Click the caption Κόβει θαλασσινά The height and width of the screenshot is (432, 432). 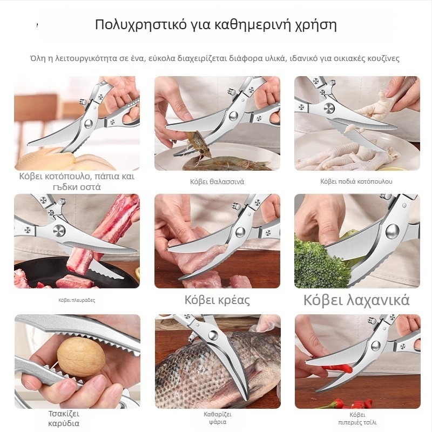217,181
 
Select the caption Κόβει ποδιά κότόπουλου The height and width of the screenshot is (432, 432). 356,181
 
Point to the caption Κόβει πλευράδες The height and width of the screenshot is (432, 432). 77,300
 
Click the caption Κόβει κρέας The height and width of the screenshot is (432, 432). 217,300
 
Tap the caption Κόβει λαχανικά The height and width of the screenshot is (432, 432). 356,300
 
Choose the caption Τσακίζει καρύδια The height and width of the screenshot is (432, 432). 64,418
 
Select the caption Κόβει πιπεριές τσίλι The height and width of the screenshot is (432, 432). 356,418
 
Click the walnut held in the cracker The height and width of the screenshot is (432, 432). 81,357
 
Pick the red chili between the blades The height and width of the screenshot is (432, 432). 340,368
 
